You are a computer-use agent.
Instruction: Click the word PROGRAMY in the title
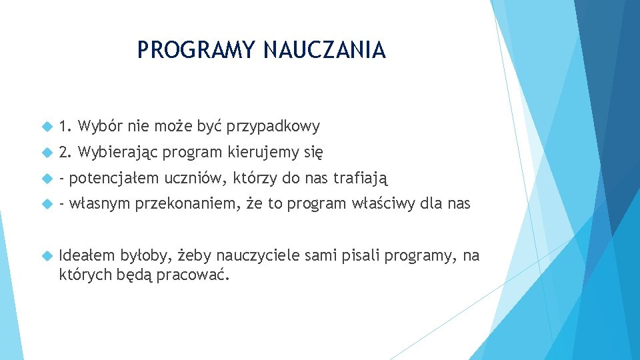197,50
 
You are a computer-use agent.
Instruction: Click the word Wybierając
117,153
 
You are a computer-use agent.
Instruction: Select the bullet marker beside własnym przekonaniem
46,204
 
